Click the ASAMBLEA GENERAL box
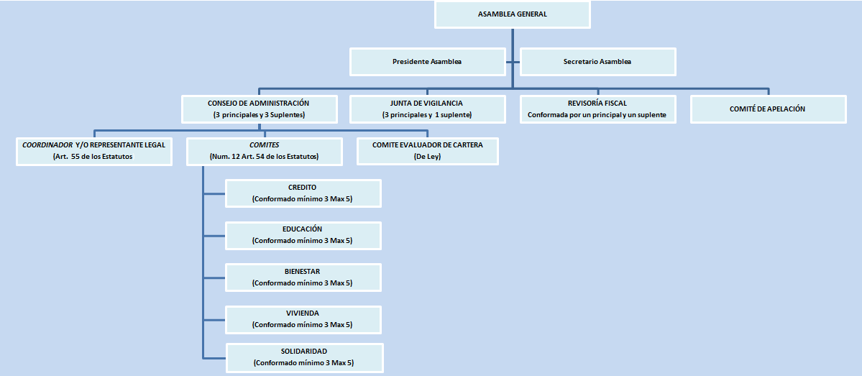tap(511, 15)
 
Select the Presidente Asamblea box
tap(427, 62)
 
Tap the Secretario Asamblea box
tap(597, 62)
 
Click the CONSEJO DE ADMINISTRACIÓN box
tap(258, 109)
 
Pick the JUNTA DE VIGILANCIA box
tap(427, 109)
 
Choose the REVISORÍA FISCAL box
tap(597, 109)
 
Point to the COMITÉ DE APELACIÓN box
tap(768, 109)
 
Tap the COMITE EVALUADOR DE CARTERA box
tap(427, 150)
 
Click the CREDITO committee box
tap(303, 193)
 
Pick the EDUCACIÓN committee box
tap(303, 235)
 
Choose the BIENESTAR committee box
tap(303, 278)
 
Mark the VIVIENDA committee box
tap(303, 319)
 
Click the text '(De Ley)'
tap(427, 156)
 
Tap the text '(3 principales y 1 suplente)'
tap(427, 115)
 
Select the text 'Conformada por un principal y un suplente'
tap(597, 115)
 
